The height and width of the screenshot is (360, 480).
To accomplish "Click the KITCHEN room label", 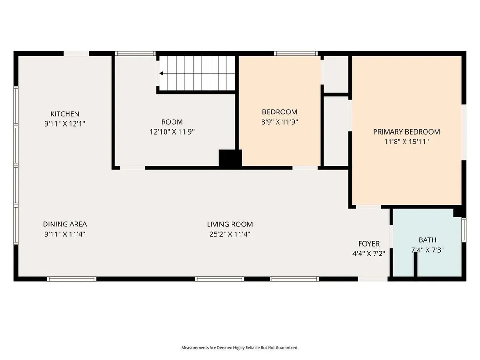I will coord(65,114).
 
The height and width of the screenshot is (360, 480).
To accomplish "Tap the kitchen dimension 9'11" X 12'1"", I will coord(65,124).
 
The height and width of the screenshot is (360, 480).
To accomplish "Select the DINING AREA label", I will coord(65,225).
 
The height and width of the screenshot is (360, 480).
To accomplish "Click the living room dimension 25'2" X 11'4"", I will coord(230,234).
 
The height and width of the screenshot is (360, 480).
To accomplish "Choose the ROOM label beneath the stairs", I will coord(172,122).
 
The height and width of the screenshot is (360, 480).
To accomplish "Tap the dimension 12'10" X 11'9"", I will coord(172,132).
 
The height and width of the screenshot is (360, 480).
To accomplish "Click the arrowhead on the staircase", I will coord(161,74).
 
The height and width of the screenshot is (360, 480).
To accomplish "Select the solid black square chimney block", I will coord(230,158).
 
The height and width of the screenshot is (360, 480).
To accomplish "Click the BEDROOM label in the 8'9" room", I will coord(279,112).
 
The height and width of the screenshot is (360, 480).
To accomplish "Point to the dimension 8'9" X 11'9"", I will coord(279,122).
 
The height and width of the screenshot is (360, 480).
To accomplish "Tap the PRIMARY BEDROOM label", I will coord(406,132).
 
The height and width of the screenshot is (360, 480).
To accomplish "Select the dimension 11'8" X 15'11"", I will coord(406,142).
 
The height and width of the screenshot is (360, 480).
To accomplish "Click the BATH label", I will coord(427,240).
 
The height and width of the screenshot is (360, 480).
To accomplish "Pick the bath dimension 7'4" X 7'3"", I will coord(427,250).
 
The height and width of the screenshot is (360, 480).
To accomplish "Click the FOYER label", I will coord(369,244).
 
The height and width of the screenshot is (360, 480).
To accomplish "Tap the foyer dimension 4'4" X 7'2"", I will coord(369,254).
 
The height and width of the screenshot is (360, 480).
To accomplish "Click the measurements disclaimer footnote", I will coord(240,348).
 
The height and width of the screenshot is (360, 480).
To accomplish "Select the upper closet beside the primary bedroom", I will coord(336,75).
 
